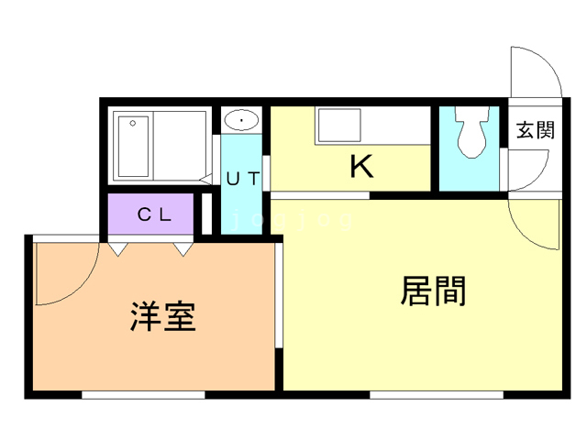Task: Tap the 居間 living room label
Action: [x=433, y=291]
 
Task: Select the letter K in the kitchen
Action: [x=361, y=166]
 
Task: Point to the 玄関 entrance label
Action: [x=534, y=129]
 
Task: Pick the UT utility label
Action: [x=243, y=179]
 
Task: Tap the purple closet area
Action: [x=152, y=215]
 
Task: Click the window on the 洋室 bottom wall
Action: [x=142, y=395]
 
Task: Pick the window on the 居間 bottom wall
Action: [x=437, y=395]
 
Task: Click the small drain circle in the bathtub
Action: [x=134, y=122]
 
